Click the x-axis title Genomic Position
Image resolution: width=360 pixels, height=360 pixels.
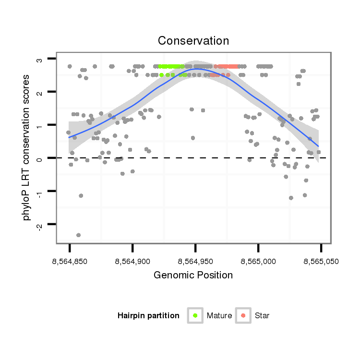(x=193, y=275)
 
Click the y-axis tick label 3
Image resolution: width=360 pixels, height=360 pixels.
(x=39, y=59)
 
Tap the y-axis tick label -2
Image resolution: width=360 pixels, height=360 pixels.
(x=39, y=224)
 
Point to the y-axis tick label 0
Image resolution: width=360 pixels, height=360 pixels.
(x=39, y=158)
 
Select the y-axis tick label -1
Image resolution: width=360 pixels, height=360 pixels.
(x=39, y=191)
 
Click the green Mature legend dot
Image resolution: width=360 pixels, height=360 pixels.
(x=195, y=315)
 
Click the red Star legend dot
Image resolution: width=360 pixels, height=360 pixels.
(x=243, y=315)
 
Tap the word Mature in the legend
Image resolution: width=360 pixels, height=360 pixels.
(x=219, y=315)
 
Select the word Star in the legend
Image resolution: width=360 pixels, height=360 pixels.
(x=263, y=315)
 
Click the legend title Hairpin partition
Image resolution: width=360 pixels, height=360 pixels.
(x=148, y=315)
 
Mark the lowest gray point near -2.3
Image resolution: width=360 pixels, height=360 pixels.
(x=78, y=235)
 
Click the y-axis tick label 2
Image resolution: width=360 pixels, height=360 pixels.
(x=39, y=92)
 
